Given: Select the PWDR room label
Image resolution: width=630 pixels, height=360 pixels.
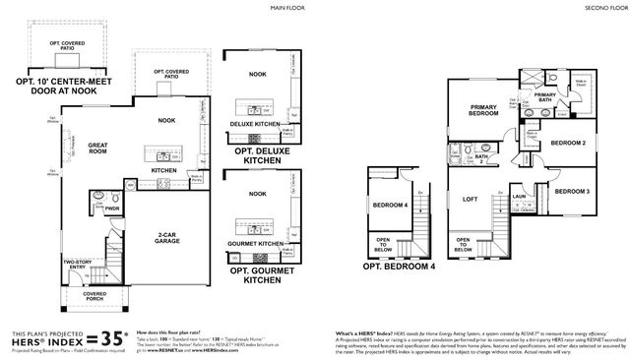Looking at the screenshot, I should click(112, 208).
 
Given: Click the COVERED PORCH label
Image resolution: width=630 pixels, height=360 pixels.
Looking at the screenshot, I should click(94, 295).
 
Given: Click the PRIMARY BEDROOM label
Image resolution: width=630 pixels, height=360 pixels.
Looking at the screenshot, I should click(483, 111).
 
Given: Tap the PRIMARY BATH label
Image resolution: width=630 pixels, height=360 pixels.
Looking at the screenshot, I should click(546, 97).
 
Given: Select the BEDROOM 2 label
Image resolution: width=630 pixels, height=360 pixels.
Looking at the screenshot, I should click(569, 143).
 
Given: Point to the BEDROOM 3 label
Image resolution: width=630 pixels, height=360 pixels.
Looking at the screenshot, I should click(570, 191).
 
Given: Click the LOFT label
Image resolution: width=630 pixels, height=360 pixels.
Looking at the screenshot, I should click(471, 199).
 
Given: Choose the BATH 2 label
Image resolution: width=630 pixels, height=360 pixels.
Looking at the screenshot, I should click(483, 156).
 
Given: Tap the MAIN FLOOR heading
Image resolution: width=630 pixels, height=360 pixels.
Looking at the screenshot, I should click(288, 8).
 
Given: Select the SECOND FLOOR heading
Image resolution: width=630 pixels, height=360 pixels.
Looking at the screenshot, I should click(605, 8).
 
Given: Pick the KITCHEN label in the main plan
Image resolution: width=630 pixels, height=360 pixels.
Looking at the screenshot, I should click(163, 169).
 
